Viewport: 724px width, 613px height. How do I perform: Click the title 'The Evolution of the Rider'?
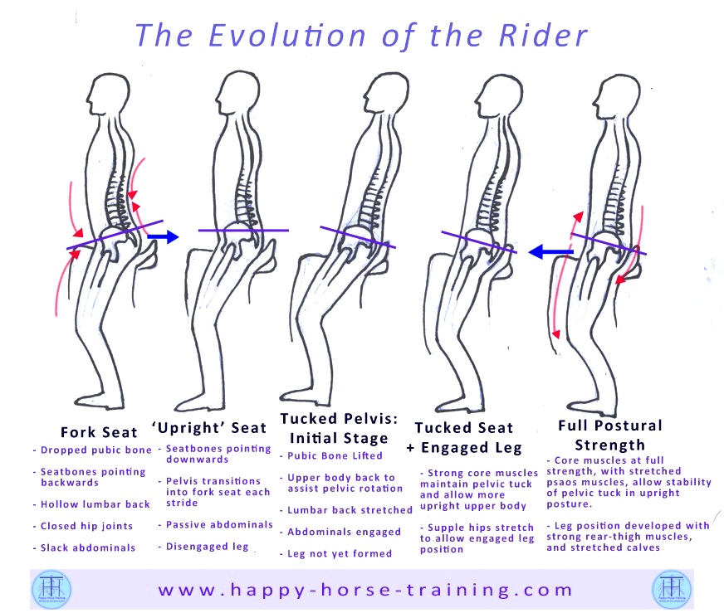point(361,35)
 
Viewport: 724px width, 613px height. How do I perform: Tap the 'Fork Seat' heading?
point(99,432)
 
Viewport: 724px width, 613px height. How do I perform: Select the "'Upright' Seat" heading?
point(208,427)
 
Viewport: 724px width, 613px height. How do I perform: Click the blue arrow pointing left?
point(551,250)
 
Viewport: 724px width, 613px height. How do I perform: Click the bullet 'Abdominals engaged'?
point(342,532)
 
